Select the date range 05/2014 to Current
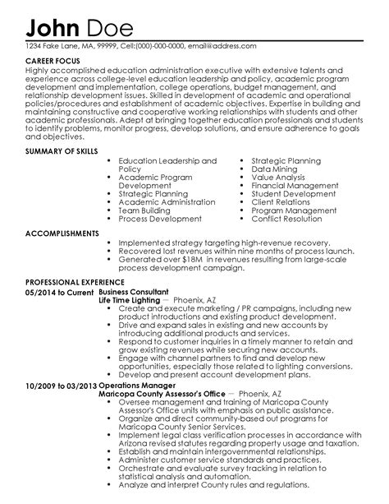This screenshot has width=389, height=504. tap(60, 290)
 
